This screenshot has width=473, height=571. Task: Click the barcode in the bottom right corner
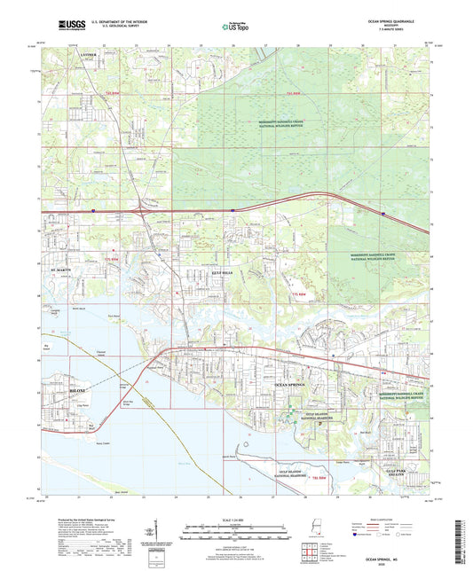[x=463, y=544]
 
